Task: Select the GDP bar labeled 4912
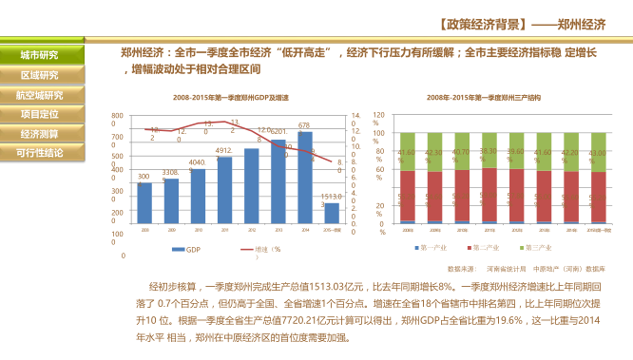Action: [x=224, y=190]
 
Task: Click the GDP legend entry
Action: [x=188, y=249]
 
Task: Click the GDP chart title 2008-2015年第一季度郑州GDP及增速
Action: [x=231, y=98]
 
